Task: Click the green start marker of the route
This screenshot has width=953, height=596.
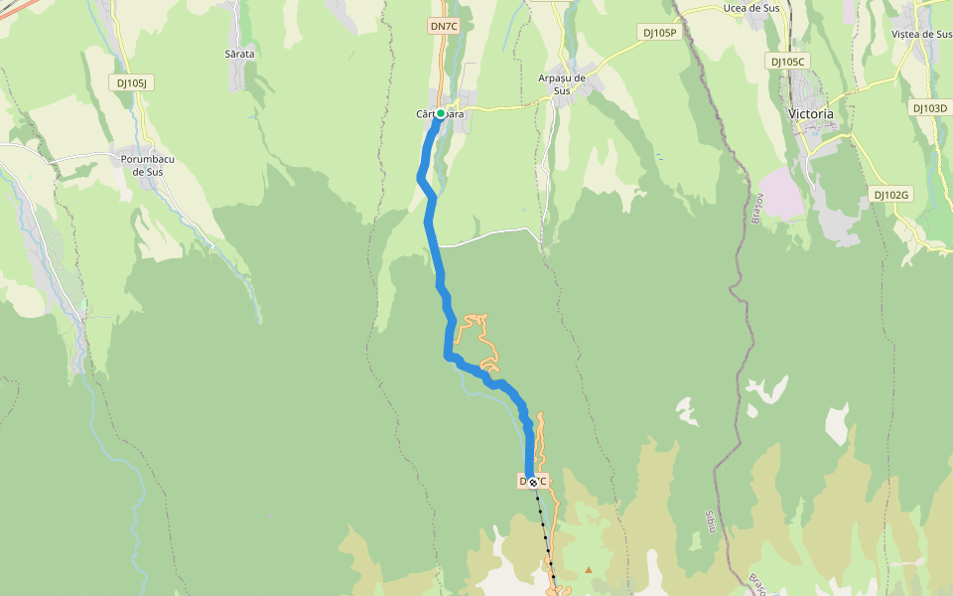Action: click(x=441, y=114)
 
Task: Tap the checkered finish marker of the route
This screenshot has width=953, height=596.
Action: click(x=533, y=482)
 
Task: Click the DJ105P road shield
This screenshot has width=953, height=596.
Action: click(x=659, y=33)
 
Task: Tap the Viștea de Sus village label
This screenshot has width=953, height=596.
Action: click(x=921, y=34)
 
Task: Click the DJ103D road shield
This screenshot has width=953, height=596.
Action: click(x=930, y=107)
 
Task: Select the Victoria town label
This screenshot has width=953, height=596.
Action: click(x=810, y=114)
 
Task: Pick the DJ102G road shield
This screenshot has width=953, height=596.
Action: click(x=891, y=195)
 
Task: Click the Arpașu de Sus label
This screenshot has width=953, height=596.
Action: click(x=562, y=83)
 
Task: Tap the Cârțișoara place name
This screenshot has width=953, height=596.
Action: click(x=441, y=114)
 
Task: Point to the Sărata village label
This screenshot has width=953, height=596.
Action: click(x=239, y=54)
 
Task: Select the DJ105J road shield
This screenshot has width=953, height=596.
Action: click(x=131, y=83)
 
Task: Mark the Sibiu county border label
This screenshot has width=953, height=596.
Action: click(x=710, y=521)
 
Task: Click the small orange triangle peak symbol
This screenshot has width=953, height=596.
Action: click(x=589, y=570)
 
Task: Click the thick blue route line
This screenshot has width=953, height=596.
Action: click(x=430, y=228)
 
